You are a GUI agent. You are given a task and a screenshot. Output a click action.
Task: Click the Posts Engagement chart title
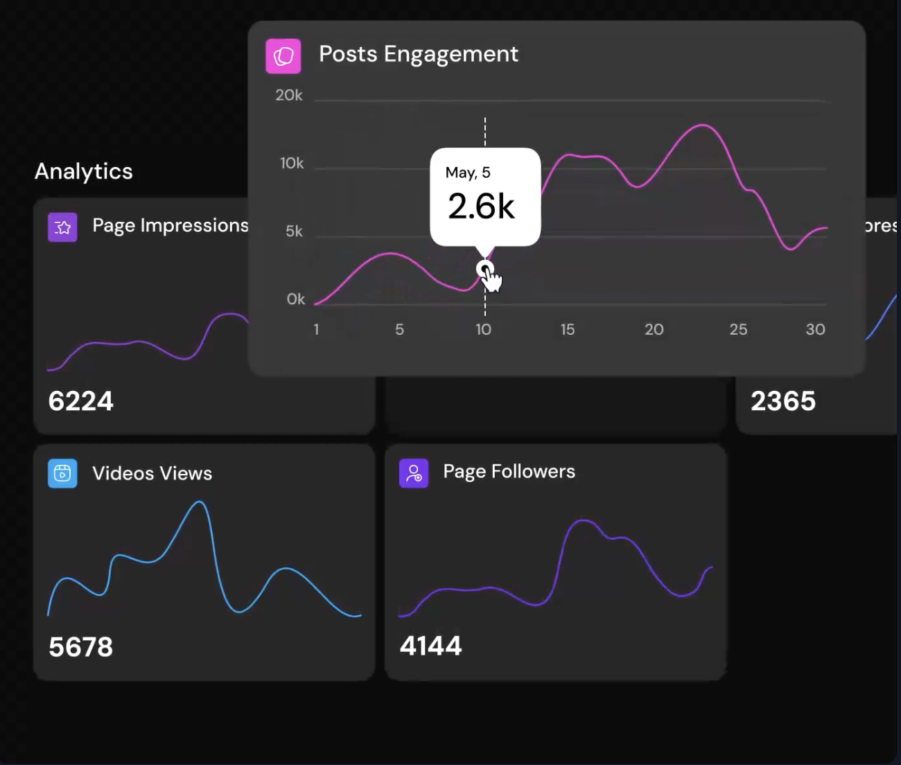(418, 54)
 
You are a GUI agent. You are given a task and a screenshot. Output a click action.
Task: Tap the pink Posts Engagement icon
(283, 56)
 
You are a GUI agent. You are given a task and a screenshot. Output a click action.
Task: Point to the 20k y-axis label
(289, 95)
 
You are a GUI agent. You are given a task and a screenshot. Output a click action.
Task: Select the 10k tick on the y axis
(292, 163)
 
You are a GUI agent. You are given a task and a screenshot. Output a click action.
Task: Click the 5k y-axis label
(294, 231)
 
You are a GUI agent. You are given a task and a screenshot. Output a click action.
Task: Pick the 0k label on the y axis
(295, 299)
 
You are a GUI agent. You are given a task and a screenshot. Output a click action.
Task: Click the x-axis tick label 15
(568, 329)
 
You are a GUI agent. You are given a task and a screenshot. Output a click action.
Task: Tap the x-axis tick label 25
(738, 329)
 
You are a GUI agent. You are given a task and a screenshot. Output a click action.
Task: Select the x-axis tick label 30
(815, 329)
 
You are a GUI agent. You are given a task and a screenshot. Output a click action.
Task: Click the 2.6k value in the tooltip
(481, 206)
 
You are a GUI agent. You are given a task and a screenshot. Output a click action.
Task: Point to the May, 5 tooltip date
(468, 173)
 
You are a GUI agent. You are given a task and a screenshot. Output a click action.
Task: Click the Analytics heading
(84, 171)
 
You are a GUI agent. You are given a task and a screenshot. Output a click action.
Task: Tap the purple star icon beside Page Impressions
(62, 227)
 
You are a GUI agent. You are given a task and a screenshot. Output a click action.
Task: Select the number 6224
(80, 401)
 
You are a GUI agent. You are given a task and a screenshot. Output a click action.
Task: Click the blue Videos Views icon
(62, 473)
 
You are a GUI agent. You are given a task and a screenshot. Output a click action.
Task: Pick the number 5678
(80, 647)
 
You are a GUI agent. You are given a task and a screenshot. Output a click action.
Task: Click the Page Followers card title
(509, 472)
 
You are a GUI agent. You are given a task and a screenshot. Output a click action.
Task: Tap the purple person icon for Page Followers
(414, 473)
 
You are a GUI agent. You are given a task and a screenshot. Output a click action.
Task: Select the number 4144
(430, 646)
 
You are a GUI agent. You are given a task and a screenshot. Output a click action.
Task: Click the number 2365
(783, 401)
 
